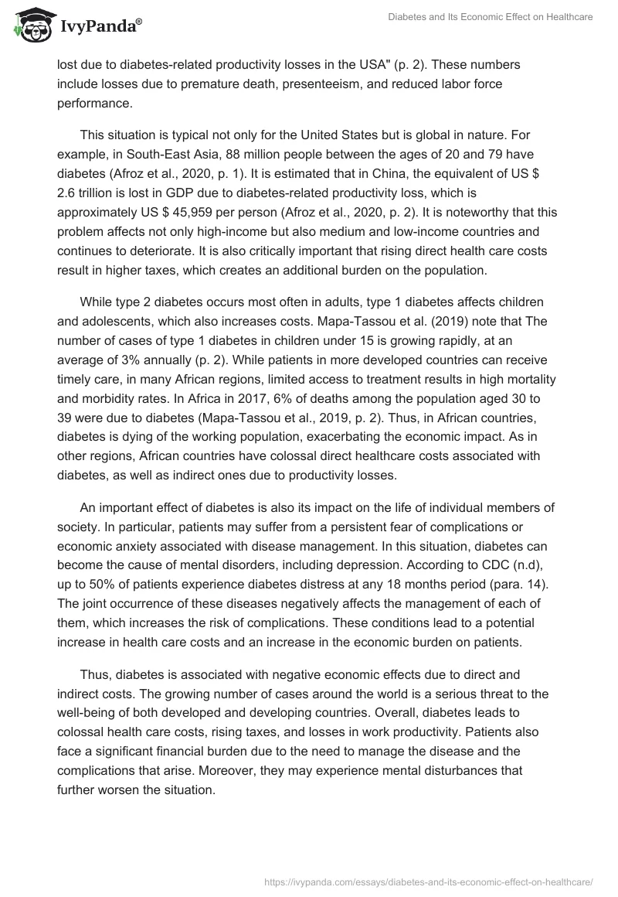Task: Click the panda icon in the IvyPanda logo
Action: click(x=30, y=26)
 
